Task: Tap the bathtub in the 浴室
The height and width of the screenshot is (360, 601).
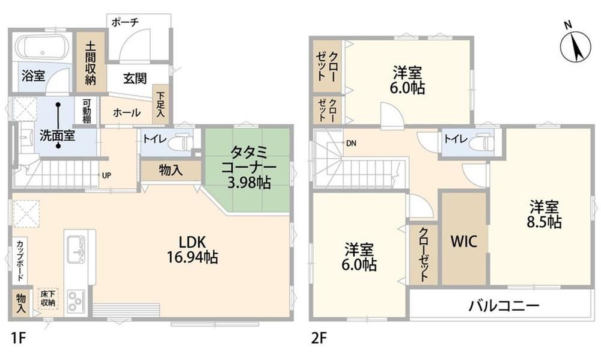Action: tap(43, 47)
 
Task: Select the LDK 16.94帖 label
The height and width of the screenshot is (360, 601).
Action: tap(192, 249)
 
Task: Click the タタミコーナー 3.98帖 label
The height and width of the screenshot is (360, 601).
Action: tap(249, 168)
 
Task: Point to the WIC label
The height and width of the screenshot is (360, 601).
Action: tap(464, 242)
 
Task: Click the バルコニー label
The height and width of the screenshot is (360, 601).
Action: tap(504, 305)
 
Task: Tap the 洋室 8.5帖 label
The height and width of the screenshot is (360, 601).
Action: tap(544, 215)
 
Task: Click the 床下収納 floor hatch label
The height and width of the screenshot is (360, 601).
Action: tap(48, 298)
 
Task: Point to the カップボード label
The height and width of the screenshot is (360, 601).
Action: tap(20, 261)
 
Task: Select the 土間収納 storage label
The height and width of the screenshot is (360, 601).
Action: tap(91, 63)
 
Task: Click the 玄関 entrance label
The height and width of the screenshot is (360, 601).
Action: tap(135, 78)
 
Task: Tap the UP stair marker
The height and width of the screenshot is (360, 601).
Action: tap(106, 175)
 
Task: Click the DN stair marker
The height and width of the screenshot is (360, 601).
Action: tap(351, 144)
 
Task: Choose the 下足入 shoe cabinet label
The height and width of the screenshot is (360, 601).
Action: tap(160, 105)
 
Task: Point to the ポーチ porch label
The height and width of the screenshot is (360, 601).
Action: tap(125, 22)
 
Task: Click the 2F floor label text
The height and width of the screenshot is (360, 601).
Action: tap(319, 338)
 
